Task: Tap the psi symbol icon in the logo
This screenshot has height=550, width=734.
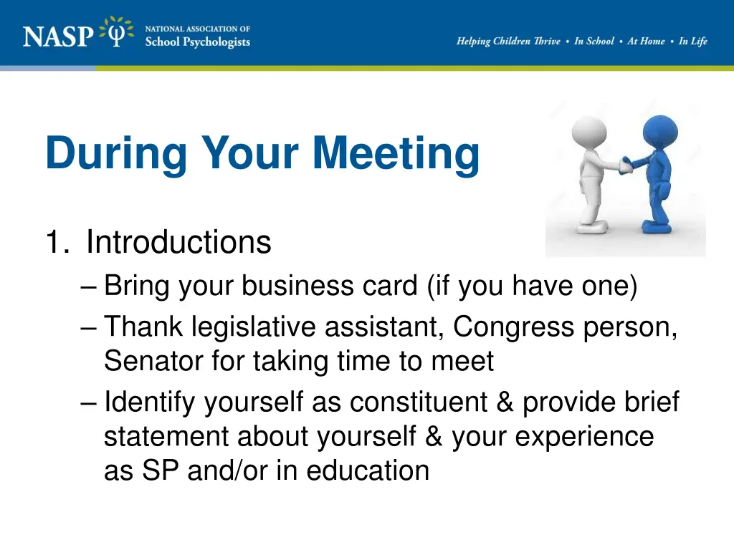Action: [x=117, y=32]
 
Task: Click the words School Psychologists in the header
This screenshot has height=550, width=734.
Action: [x=197, y=42]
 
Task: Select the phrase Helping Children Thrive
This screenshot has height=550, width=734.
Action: [x=508, y=42]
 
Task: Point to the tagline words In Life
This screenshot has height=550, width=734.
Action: [x=692, y=42]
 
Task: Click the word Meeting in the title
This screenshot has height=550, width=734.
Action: [x=396, y=153]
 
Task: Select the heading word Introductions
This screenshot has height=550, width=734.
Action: [x=178, y=243]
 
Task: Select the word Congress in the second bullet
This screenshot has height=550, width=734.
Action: [x=503, y=327]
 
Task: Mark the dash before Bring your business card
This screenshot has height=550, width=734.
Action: [x=89, y=287]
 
